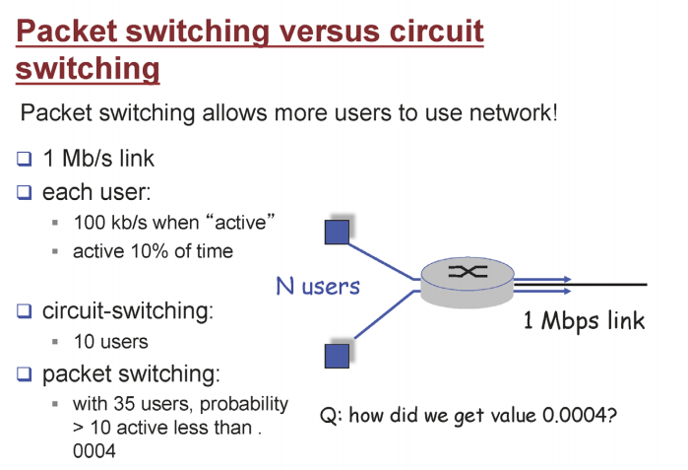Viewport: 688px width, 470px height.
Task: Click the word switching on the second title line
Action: tap(88, 70)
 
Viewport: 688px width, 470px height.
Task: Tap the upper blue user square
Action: tap(339, 232)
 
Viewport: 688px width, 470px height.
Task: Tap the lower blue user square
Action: tap(338, 354)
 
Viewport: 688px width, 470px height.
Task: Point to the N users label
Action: tap(317, 287)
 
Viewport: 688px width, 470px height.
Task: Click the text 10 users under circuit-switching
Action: tap(110, 342)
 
